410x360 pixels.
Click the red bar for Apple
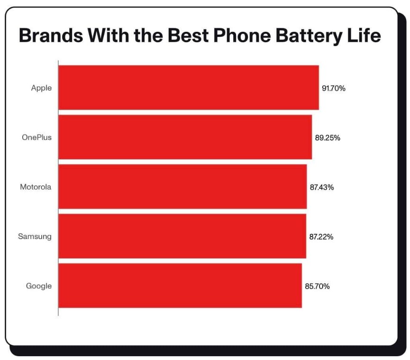(x=189, y=87)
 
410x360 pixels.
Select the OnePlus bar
(x=185, y=137)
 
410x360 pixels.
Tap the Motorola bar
(x=182, y=186)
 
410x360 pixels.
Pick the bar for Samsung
(x=182, y=236)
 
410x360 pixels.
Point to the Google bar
(x=180, y=286)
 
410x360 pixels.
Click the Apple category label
(x=41, y=88)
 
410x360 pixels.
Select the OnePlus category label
(x=36, y=138)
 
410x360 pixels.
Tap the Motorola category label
(x=36, y=187)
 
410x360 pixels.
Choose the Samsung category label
(x=35, y=237)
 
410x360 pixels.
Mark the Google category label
(x=39, y=286)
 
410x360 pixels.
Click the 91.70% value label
(x=334, y=88)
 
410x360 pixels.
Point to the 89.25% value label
(x=328, y=138)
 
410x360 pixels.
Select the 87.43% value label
(x=322, y=187)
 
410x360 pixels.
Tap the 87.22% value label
(x=321, y=237)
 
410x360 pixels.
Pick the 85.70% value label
(x=317, y=286)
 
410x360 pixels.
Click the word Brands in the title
(x=51, y=35)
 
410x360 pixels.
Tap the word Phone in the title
(x=242, y=35)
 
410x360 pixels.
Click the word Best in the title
(x=188, y=35)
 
